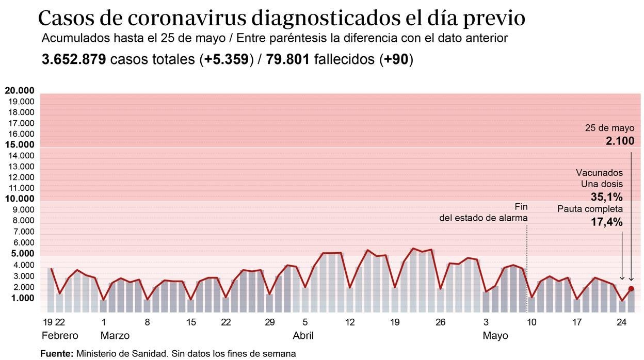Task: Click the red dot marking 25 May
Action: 631,289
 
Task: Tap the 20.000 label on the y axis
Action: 20,91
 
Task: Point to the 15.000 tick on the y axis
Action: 20,145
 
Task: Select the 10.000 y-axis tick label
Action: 20,199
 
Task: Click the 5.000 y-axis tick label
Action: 20,254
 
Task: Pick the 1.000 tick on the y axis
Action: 22,298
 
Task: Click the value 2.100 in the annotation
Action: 620,141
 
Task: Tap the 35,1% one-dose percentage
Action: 607,197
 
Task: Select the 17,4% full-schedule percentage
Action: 607,222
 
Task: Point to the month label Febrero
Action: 60,336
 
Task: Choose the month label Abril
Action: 303,336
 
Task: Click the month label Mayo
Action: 495,336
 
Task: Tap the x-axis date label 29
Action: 269,323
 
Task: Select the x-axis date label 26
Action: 440,323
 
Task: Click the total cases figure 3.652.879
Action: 74,59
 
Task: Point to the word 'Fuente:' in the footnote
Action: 56,354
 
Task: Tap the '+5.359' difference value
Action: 227,59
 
